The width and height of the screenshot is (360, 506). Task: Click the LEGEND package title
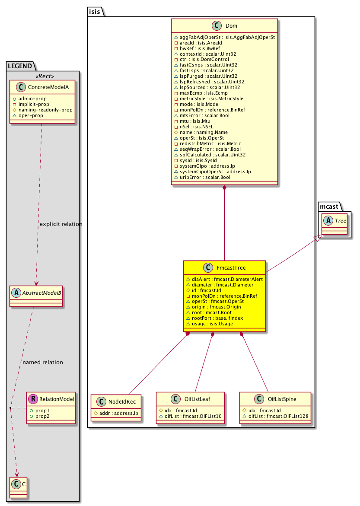20,66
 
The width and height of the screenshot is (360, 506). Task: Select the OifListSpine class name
282,399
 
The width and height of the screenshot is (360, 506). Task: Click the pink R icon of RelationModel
33,399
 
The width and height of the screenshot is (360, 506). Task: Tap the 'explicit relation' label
61,224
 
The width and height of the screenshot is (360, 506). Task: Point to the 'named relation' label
43,362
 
